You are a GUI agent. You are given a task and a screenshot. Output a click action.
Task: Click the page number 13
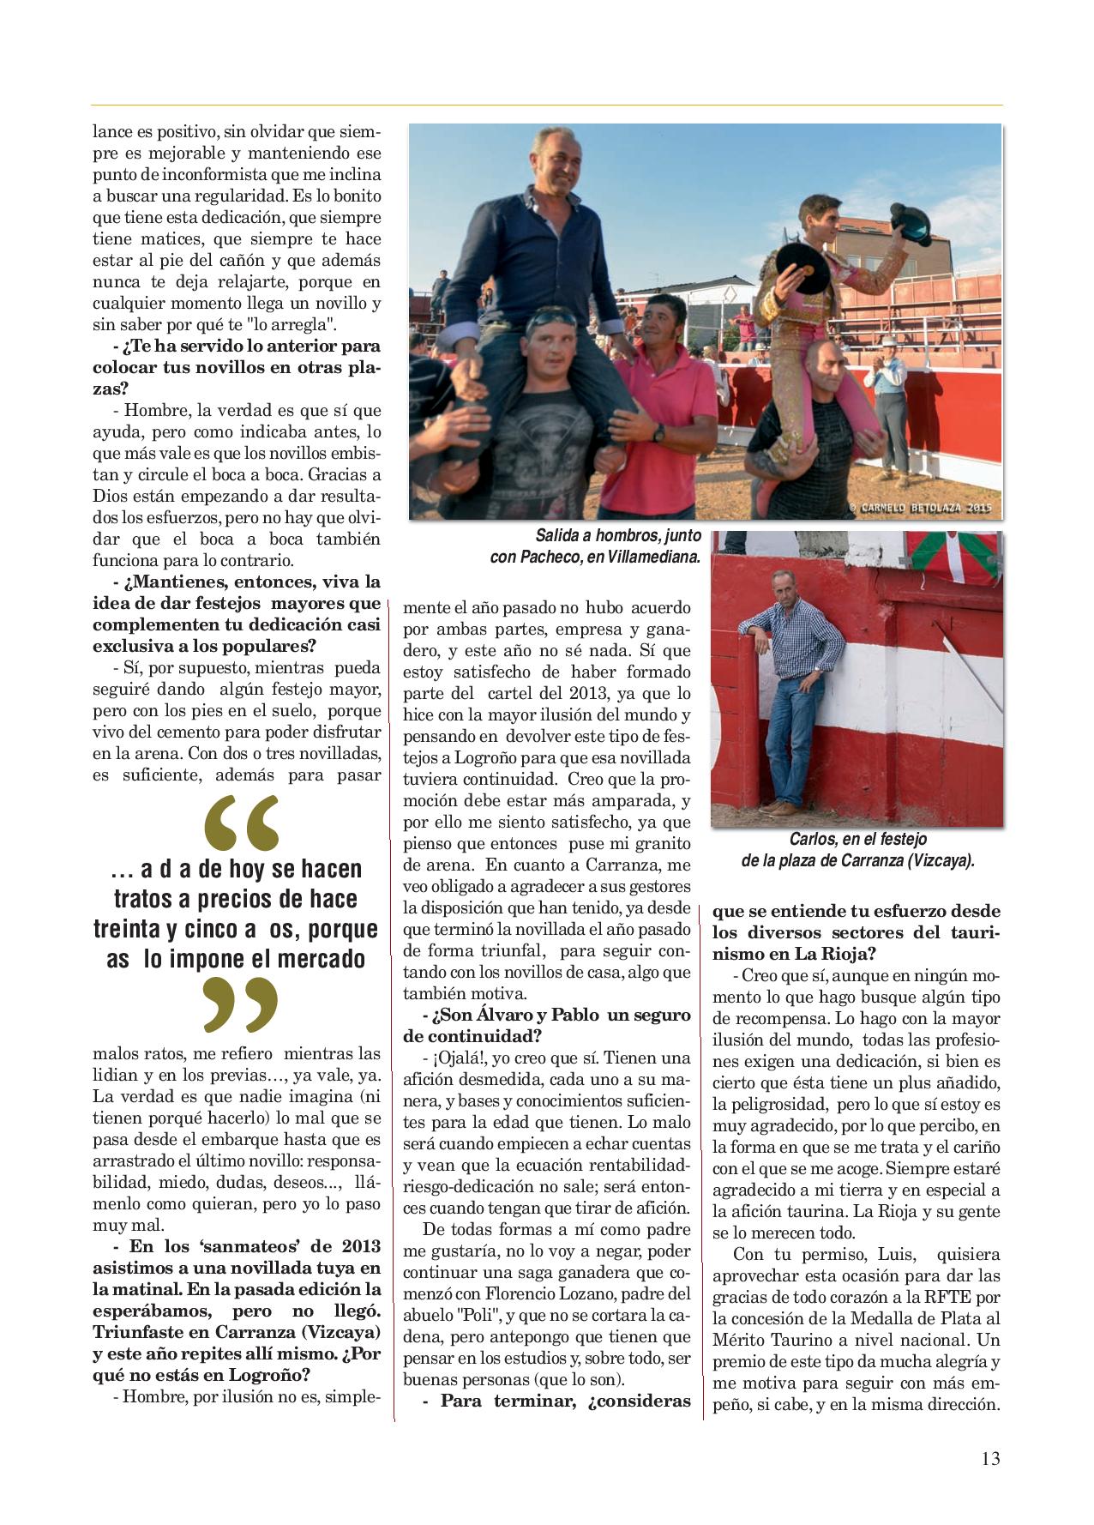click(x=990, y=1459)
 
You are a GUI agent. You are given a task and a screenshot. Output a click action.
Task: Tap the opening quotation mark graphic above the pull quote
click(x=243, y=821)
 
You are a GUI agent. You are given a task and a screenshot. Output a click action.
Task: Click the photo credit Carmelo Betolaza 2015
click(x=920, y=508)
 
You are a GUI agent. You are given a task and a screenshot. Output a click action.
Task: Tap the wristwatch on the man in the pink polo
click(x=658, y=433)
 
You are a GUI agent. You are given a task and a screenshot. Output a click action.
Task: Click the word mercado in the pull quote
click(x=322, y=959)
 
